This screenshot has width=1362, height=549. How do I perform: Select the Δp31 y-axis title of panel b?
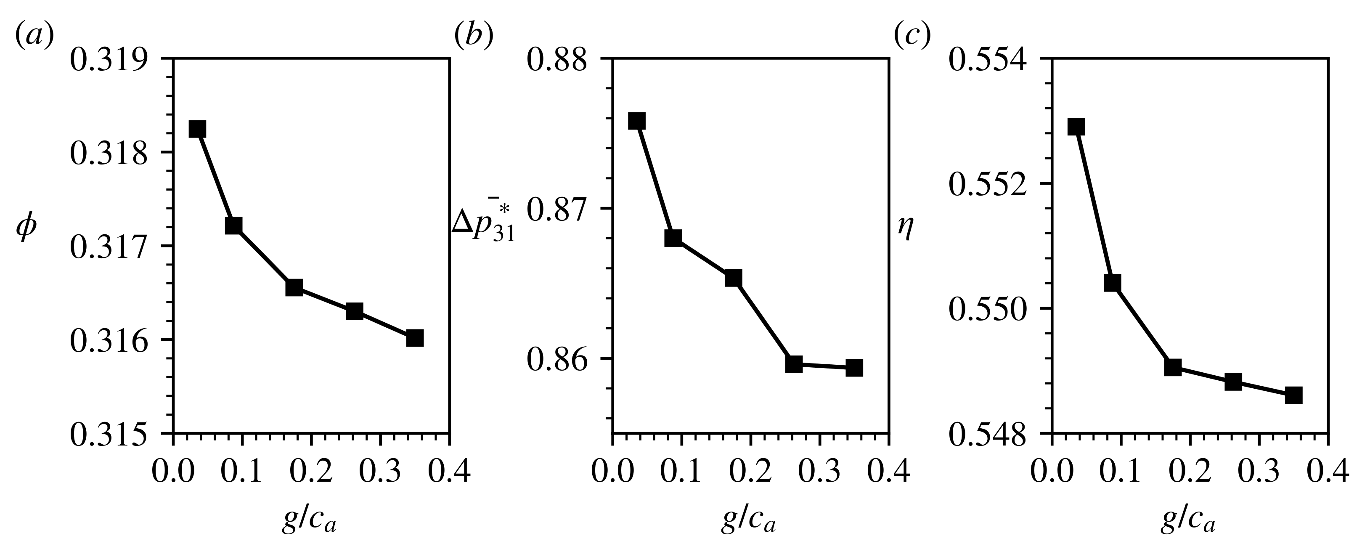pos(483,223)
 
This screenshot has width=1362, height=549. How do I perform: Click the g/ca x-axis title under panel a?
pos(310,521)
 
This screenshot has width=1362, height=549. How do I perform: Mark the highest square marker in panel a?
pos(197,129)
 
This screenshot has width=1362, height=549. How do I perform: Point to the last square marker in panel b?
pos(854,368)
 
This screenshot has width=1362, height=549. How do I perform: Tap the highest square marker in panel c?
pos(1076,127)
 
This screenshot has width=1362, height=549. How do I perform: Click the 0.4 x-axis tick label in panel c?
pos(1328,471)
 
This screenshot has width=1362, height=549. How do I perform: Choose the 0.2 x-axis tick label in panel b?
pos(750,471)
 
